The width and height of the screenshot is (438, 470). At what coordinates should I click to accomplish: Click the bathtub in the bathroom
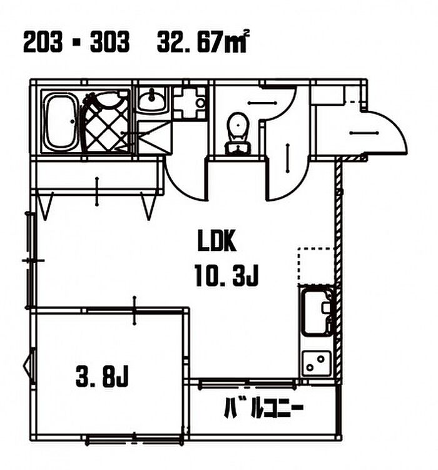[60, 121]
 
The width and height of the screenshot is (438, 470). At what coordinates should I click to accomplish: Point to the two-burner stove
[317, 363]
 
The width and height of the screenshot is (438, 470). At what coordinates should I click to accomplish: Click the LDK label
[217, 240]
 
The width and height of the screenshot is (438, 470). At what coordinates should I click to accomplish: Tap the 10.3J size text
[227, 275]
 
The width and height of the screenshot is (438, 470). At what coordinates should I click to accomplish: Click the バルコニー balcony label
[263, 407]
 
